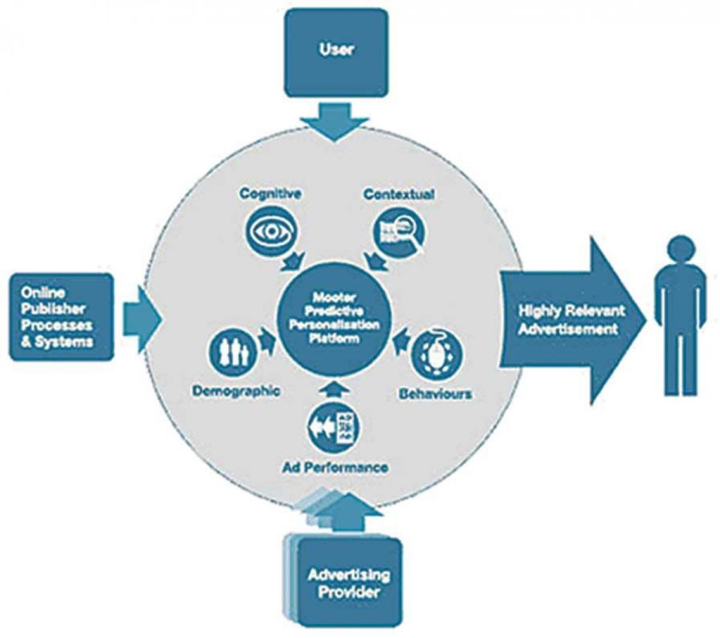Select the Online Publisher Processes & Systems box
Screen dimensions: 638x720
(61, 317)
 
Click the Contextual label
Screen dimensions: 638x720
(398, 194)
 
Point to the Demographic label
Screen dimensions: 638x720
(236, 392)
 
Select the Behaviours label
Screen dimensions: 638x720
(435, 394)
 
